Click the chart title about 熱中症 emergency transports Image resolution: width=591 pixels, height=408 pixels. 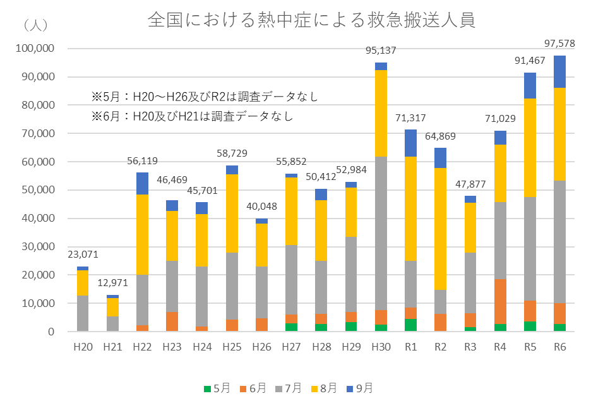(x=311, y=20)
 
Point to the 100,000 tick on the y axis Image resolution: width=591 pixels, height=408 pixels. (x=36, y=49)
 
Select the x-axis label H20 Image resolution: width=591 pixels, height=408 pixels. (x=83, y=347)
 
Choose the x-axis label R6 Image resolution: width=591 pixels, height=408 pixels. (x=559, y=347)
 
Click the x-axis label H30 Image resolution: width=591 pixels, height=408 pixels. (x=381, y=347)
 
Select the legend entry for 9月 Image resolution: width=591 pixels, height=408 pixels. (x=359, y=388)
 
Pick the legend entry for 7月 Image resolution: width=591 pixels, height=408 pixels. (x=288, y=388)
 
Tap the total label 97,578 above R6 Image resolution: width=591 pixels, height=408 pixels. (x=559, y=43)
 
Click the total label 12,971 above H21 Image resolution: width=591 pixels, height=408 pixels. (x=112, y=282)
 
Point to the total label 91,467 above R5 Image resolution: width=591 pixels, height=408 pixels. (x=530, y=61)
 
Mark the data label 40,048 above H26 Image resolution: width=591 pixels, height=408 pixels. (x=261, y=206)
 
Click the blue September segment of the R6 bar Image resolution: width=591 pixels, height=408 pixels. (x=559, y=71)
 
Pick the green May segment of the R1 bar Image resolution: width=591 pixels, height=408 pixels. (x=410, y=325)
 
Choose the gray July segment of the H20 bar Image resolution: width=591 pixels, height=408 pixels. (x=83, y=313)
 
